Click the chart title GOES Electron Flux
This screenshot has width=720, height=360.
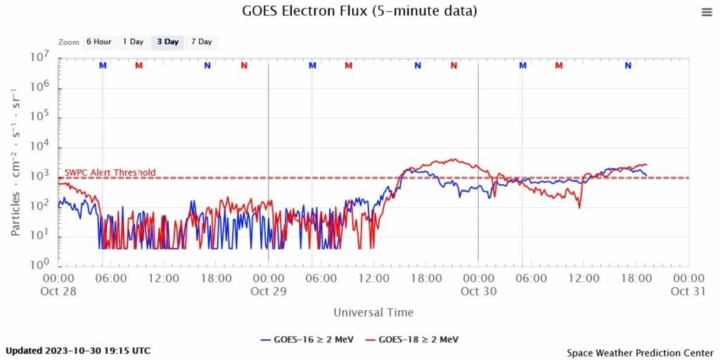click(359, 11)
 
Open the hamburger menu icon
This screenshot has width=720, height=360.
click(707, 12)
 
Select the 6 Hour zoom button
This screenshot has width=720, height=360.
click(98, 41)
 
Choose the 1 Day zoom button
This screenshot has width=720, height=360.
click(133, 41)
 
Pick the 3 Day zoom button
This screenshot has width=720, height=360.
click(167, 41)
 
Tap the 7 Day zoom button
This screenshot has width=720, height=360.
click(201, 41)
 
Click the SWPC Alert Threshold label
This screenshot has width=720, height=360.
click(110, 173)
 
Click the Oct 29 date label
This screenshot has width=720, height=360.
click(268, 291)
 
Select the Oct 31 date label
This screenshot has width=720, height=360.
click(688, 291)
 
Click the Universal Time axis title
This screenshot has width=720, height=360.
click(373, 312)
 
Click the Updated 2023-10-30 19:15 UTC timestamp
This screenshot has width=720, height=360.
click(78, 350)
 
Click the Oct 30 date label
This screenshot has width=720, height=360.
click(478, 291)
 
